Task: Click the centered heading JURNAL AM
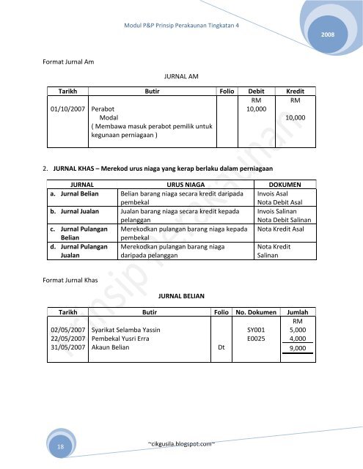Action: pyautogui.click(x=180, y=75)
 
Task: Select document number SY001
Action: pyautogui.click(x=256, y=330)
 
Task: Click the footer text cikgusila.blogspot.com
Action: pyautogui.click(x=180, y=443)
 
